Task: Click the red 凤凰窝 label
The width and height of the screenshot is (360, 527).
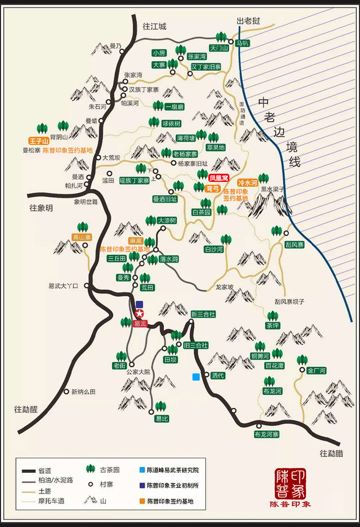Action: pos(218,178)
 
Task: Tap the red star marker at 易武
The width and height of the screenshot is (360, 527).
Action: pos(140,314)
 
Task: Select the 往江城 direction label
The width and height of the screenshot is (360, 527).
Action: pos(154,27)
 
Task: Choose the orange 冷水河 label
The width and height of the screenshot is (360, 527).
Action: pos(248,182)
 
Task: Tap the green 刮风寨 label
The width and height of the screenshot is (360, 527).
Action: pos(294,245)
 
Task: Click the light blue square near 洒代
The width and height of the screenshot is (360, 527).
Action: pos(196,377)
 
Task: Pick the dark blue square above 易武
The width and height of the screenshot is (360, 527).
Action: pos(140,304)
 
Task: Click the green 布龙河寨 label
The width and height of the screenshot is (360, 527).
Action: pos(267,434)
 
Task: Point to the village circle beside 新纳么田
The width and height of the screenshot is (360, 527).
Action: pos(67,392)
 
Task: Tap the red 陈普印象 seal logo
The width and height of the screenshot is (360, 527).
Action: pos(290,484)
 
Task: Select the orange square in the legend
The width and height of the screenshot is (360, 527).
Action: pos(142,501)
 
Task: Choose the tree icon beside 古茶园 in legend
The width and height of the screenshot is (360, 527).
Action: pos(90,469)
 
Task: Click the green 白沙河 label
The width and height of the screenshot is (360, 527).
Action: pos(214,249)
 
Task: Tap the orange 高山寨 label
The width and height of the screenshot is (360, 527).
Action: pos(82,237)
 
